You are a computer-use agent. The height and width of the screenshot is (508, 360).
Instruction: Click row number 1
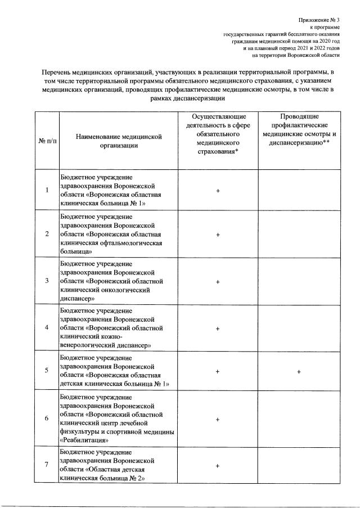pyautogui.click(x=47, y=190)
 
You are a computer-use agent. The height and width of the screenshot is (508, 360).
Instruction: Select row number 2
pyautogui.click(x=47, y=233)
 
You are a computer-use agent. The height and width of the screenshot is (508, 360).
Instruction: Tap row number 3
pyautogui.click(x=47, y=280)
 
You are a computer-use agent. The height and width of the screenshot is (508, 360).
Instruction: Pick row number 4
pyautogui.click(x=47, y=327)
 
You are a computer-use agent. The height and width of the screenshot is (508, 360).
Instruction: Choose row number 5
pyautogui.click(x=47, y=371)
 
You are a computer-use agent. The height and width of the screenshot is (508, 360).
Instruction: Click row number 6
pyautogui.click(x=47, y=419)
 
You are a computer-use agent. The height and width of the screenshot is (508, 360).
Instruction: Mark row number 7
pyautogui.click(x=47, y=465)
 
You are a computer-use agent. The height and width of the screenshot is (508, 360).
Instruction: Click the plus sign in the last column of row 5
pyautogui.click(x=299, y=371)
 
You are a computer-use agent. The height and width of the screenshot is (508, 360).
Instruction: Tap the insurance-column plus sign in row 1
pyautogui.click(x=217, y=190)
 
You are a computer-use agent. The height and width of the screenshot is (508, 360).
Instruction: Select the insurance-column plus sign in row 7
pyautogui.click(x=217, y=465)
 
